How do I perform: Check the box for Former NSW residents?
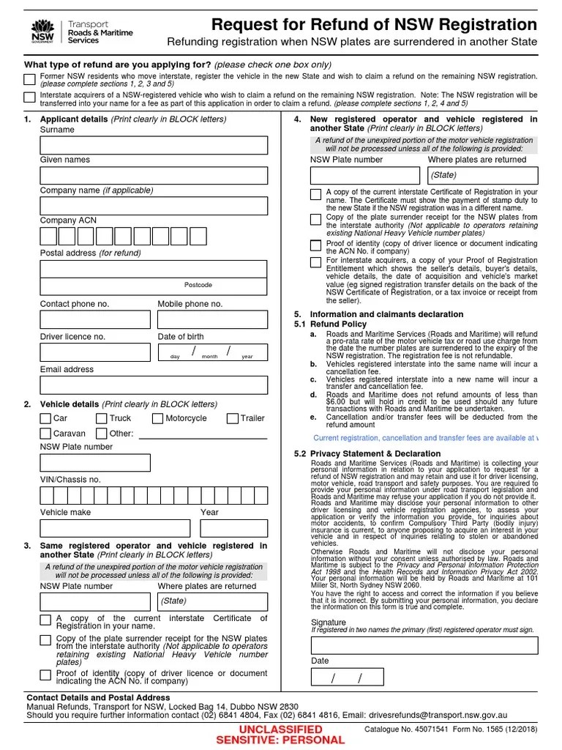29,79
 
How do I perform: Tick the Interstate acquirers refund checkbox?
29,98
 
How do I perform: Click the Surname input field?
154,145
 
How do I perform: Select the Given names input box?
154,176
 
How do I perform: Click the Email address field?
154,385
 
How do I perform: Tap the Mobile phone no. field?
212,319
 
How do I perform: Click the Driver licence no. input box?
95,352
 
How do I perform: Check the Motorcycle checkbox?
158,419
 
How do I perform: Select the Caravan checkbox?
45,434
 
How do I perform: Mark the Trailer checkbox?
232,419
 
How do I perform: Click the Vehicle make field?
115,528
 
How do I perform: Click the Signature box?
424,645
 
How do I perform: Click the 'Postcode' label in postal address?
198,285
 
